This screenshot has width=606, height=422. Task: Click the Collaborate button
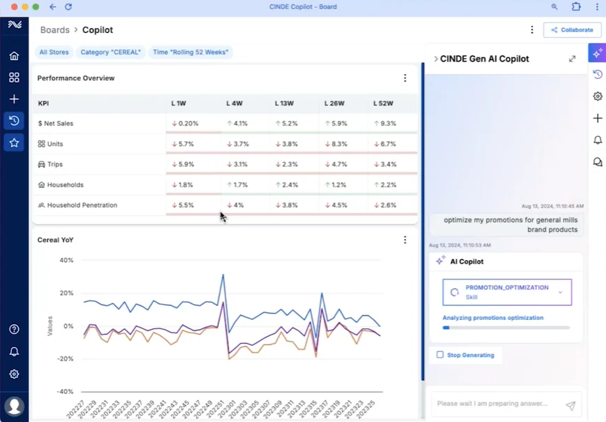[x=572, y=30]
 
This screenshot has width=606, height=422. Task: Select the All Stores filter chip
[x=53, y=52]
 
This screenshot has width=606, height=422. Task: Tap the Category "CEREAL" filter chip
[x=110, y=52]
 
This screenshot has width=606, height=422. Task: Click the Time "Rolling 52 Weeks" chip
[x=190, y=52]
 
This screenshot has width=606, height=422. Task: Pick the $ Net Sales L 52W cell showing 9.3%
[x=385, y=124]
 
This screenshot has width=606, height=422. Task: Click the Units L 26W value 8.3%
[x=337, y=144]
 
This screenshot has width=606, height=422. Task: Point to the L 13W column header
[x=285, y=103]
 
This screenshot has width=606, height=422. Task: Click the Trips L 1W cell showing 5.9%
[x=183, y=164]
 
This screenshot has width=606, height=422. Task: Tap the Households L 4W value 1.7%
[x=237, y=185]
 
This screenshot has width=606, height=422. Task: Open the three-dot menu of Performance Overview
[x=405, y=78]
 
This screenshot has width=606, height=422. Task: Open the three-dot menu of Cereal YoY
[x=405, y=240]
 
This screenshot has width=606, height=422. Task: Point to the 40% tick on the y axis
[x=66, y=260]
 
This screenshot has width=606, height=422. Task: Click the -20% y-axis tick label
[x=65, y=358]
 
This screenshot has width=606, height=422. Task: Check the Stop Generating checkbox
[x=440, y=355]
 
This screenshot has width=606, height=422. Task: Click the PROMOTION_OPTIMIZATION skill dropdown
[x=507, y=292]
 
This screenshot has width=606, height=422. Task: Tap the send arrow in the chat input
[x=570, y=405]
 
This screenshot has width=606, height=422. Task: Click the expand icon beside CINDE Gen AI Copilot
[x=572, y=59]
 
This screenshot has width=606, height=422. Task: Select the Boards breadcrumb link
[x=55, y=30]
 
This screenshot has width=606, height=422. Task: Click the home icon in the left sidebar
[x=14, y=56]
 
